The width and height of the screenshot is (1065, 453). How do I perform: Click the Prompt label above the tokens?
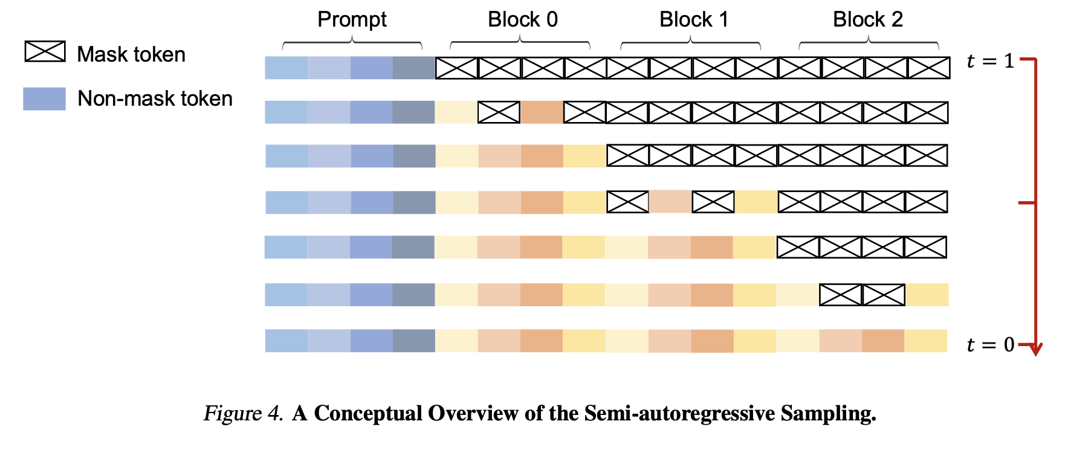point(352,19)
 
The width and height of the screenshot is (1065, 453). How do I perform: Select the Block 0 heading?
point(523,19)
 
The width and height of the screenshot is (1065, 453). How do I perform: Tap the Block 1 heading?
point(694,19)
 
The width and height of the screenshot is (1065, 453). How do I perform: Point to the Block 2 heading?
point(868,19)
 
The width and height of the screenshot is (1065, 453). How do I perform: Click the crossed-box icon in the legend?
point(45,51)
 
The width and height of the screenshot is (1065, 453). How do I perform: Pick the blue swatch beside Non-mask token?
point(44,98)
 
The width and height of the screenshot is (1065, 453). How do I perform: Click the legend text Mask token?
point(131,54)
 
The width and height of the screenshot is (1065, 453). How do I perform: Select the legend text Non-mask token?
point(155,98)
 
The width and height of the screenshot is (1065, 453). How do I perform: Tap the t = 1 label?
point(990,61)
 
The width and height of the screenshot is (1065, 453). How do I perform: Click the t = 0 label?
point(990,344)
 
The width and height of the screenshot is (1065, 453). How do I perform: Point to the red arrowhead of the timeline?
point(1035,350)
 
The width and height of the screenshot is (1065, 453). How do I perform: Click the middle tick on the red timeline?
point(1027,203)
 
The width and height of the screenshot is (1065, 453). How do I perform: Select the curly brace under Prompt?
point(352,42)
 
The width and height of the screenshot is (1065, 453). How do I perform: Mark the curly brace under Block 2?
point(869,42)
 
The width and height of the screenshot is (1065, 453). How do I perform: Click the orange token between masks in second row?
point(542,112)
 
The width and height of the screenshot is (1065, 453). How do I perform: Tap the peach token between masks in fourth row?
point(670,202)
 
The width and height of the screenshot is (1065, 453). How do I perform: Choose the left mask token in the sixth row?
point(841,295)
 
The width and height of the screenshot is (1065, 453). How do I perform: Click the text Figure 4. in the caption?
point(243,413)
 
